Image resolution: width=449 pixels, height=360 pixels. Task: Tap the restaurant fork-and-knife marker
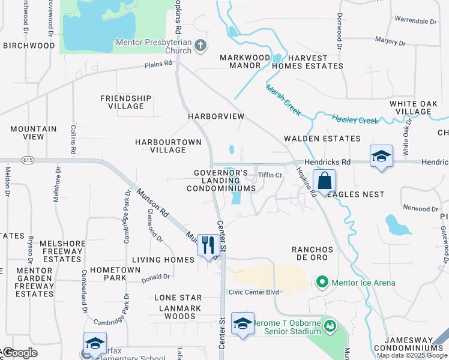pos(208,245)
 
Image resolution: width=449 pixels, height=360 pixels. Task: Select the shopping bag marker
pos(324,181)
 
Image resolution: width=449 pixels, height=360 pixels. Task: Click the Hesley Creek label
pos(355,121)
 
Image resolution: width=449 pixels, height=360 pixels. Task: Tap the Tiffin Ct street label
pos(270,175)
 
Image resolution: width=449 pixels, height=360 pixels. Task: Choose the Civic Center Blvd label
pos(255,292)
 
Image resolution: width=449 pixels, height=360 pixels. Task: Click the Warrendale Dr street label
pos(416,21)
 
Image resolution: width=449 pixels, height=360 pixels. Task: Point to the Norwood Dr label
pos(421,209)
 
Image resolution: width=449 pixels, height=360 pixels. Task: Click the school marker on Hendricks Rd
pos(381,157)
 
